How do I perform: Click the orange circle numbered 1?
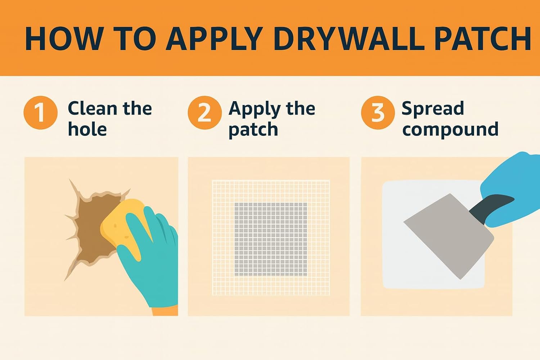(x=40, y=113)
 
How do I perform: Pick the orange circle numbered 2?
(x=204, y=113)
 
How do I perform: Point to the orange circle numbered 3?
(x=378, y=113)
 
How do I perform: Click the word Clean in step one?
(x=93, y=108)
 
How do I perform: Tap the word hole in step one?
(x=87, y=129)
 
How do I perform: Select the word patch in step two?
(x=253, y=130)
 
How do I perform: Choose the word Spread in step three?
(x=432, y=109)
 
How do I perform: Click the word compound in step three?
(x=450, y=129)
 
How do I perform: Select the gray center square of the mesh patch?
(x=271, y=239)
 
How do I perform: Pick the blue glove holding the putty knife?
(x=515, y=187)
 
